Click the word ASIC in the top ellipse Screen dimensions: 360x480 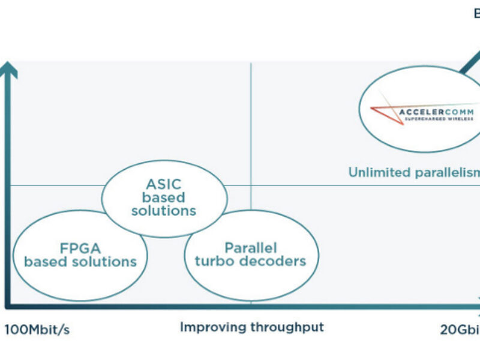tap(164, 184)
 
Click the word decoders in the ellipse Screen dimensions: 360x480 tap(277, 260)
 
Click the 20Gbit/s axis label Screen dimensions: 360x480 tap(459, 329)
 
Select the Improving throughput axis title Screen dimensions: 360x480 tap(251, 327)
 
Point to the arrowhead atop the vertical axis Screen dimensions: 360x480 tap(8, 69)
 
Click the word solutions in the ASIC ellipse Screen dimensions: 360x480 tap(164, 211)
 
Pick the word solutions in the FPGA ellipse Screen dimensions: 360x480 tap(107, 262)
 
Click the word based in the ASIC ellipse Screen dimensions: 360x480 tap(164, 197)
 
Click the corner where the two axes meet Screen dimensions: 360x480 tap(8, 304)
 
